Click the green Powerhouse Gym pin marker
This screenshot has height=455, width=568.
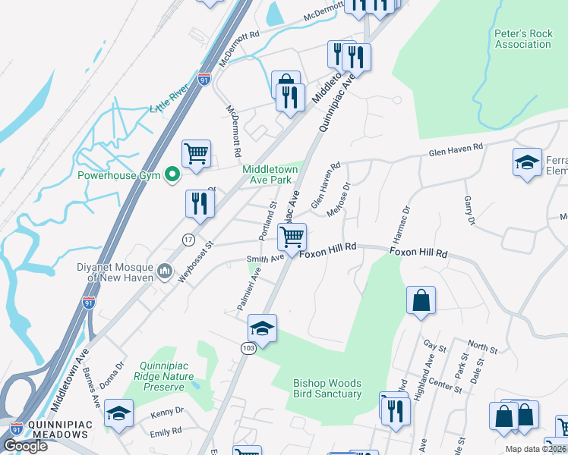click(172, 176)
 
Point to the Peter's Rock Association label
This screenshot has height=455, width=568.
click(522, 39)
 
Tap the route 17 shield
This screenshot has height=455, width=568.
click(188, 240)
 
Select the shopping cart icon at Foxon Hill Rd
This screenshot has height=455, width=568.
click(292, 237)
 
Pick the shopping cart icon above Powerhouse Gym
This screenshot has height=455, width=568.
click(197, 153)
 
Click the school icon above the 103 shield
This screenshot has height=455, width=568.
click(262, 328)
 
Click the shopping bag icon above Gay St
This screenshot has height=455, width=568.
click(421, 300)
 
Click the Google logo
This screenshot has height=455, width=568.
click(26, 446)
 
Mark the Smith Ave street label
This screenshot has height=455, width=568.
click(264, 258)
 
